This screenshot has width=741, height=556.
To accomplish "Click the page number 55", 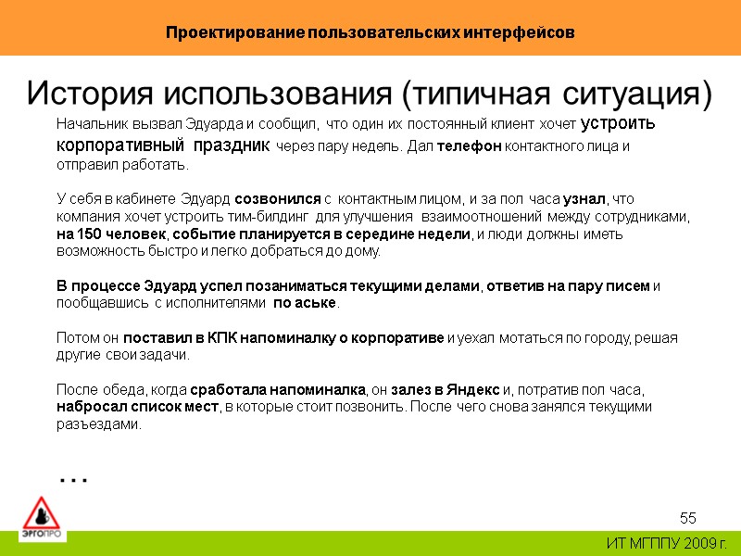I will pos(687,517).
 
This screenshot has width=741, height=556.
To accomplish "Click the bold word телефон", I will pos(468,146).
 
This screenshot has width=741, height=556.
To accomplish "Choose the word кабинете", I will pos(133,198).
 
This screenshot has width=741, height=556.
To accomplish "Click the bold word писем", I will pos(628,285).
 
